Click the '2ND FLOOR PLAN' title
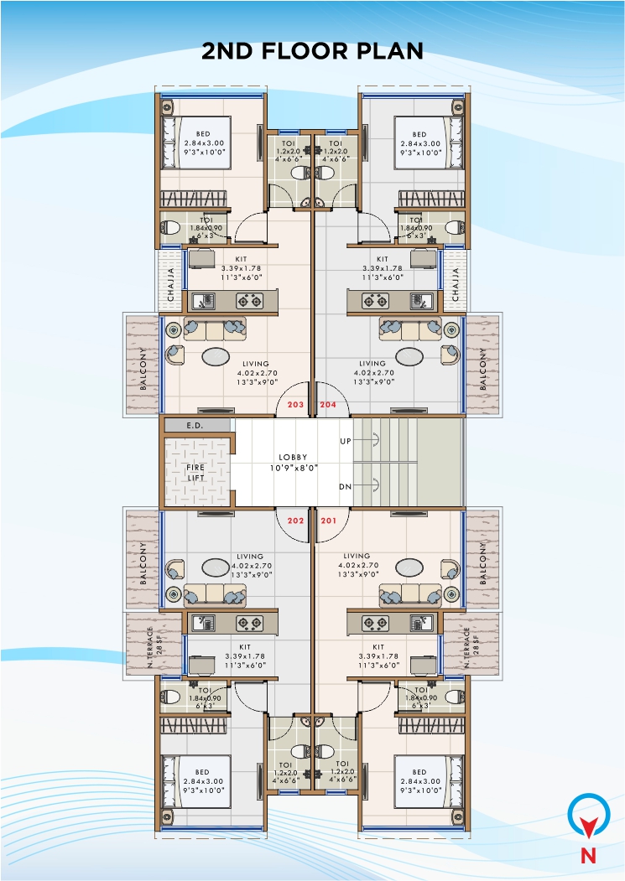[312, 51]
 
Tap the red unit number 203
[295, 404]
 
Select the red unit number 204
[328, 404]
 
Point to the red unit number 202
[295, 520]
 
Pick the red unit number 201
[328, 520]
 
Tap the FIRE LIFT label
[195, 472]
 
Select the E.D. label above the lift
[195, 426]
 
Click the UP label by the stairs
[345, 440]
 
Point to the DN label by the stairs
[345, 486]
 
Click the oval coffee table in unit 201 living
[409, 567]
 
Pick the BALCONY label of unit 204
[482, 369]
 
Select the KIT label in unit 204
[383, 259]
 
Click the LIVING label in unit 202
[250, 556]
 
